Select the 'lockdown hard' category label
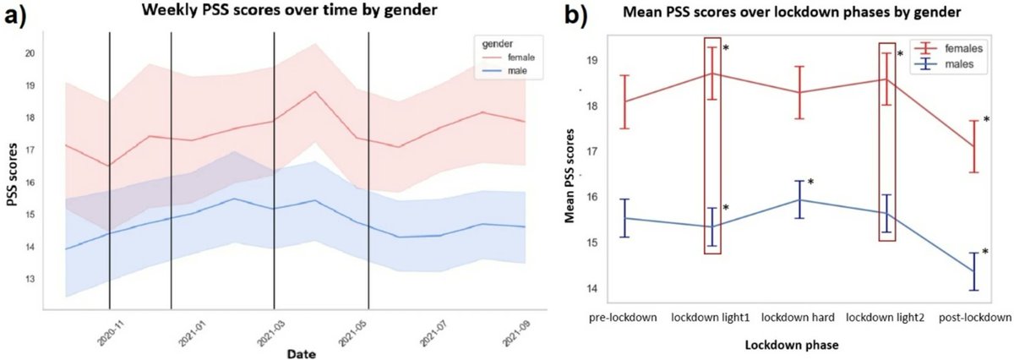(x=799, y=317)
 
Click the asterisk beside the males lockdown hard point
(x=810, y=183)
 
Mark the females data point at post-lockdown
(x=974, y=146)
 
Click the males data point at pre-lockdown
(x=624, y=218)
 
